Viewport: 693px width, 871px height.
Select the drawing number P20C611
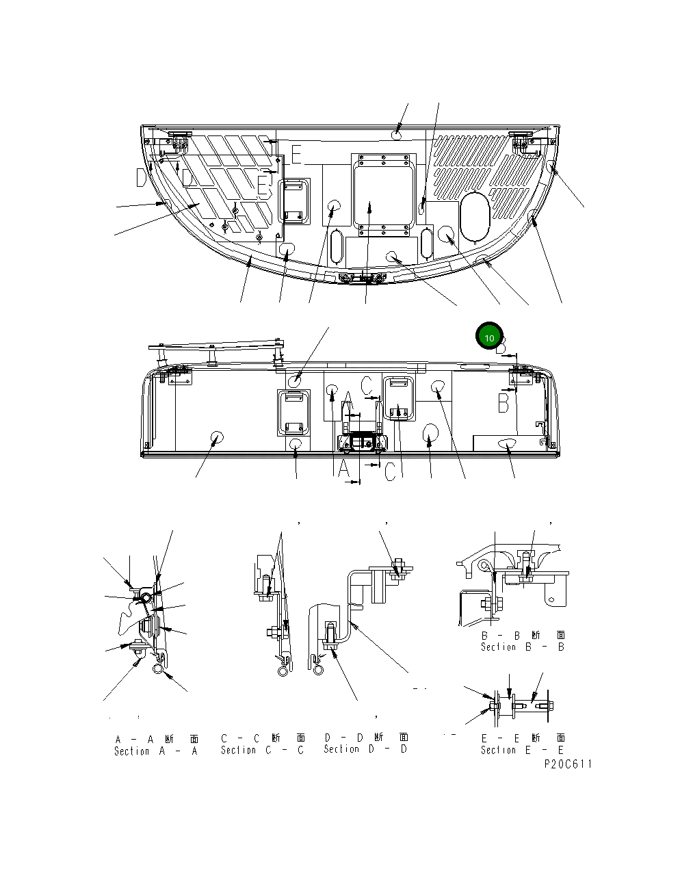pos(568,764)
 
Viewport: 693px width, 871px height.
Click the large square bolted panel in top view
pos(384,190)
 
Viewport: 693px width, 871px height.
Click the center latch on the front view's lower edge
pos(363,442)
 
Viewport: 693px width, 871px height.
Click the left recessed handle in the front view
pos(293,412)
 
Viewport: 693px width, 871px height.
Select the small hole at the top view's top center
pos(398,135)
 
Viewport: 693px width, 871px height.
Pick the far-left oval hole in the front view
pos(218,438)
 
